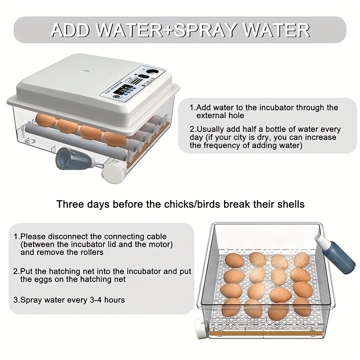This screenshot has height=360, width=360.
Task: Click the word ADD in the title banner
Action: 70,30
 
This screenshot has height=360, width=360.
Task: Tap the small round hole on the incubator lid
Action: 84,72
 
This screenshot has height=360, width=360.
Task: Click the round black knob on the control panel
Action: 151,72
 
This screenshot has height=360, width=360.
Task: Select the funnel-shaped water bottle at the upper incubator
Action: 76,159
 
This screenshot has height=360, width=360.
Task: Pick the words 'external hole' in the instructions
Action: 220,116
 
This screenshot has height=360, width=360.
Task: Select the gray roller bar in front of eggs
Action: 76,142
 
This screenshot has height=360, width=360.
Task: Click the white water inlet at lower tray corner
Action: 201,328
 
